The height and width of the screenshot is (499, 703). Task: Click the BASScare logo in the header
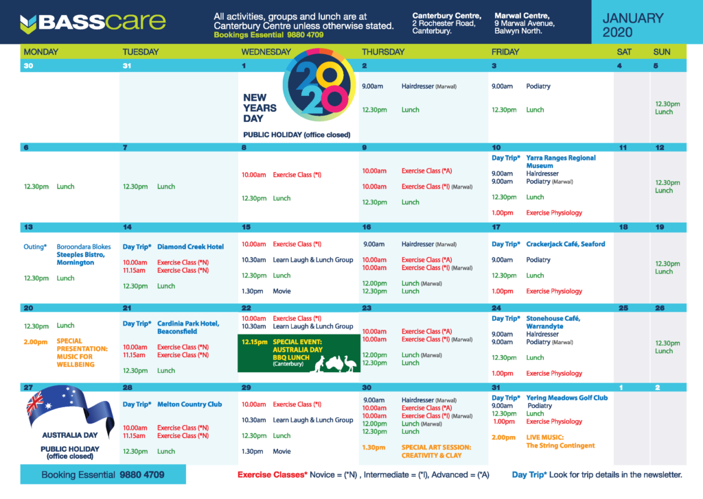[93, 23]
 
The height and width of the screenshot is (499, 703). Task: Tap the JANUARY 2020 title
[632, 25]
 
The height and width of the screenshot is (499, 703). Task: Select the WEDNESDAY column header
[266, 52]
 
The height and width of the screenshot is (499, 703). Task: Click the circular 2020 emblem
[319, 84]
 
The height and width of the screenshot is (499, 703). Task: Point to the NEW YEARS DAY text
[260, 108]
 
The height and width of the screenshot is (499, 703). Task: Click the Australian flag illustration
[69, 408]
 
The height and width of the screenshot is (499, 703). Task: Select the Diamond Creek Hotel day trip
[190, 247]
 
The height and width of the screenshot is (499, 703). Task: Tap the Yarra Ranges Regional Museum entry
[560, 162]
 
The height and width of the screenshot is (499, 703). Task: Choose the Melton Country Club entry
[189, 404]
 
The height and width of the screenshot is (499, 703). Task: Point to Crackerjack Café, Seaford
[566, 244]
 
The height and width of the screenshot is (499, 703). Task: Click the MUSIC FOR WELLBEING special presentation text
[76, 361]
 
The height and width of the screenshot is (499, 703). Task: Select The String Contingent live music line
[560, 446]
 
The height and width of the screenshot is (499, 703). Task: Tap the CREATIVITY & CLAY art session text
[431, 455]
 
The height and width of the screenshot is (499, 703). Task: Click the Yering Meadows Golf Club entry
[566, 398]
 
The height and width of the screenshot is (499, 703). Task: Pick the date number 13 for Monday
[28, 227]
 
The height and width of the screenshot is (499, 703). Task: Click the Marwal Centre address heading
[522, 16]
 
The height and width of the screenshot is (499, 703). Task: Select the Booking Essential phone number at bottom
[141, 475]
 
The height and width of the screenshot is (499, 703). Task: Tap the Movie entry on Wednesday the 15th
[281, 291]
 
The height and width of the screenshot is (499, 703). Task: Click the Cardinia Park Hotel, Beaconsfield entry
[188, 328]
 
